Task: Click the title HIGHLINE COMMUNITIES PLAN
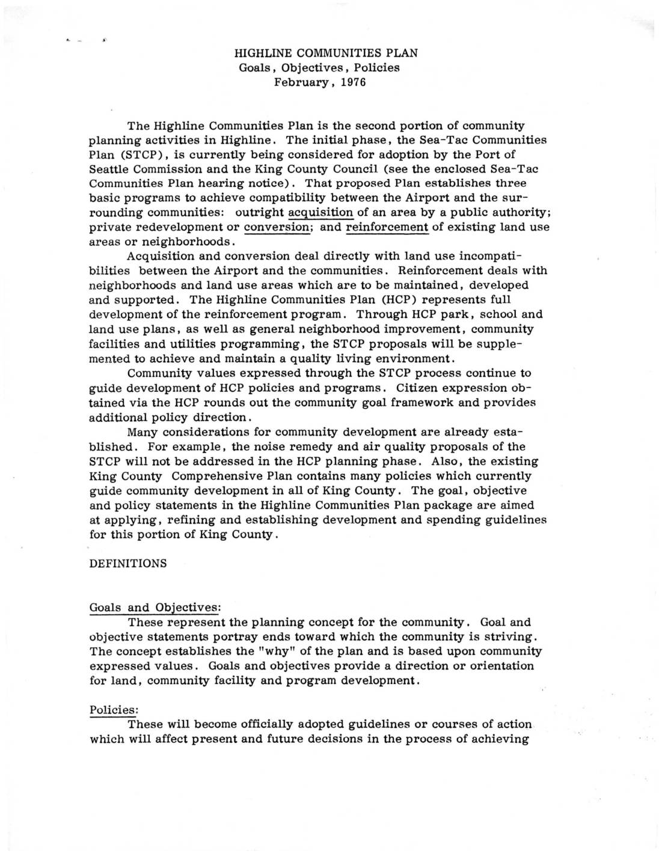point(325,53)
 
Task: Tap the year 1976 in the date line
point(353,82)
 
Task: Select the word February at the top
point(301,82)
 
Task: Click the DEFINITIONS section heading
point(127,564)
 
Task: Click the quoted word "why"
point(308,651)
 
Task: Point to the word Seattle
point(109,169)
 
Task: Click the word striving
point(509,636)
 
